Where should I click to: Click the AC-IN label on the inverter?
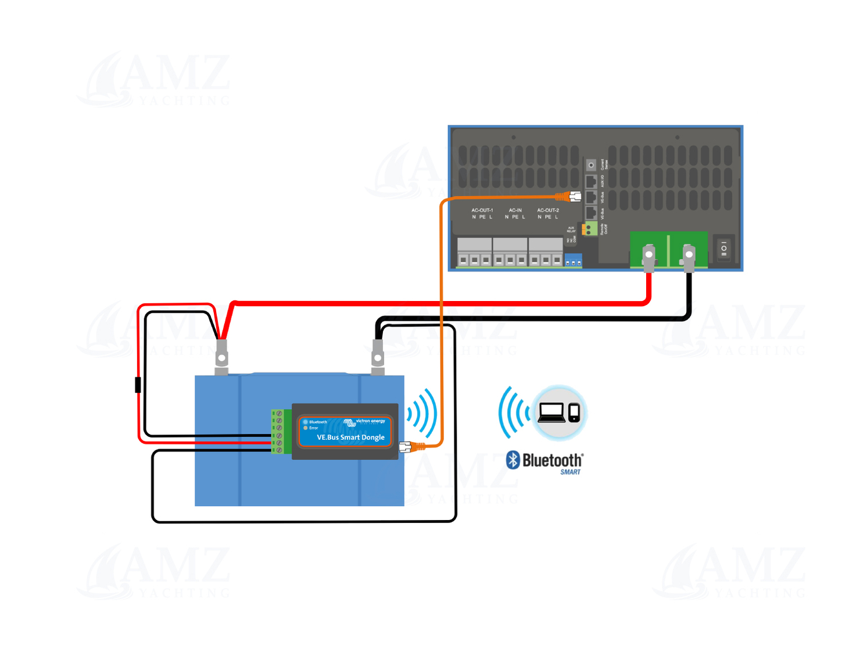click(515, 210)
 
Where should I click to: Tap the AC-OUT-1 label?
click(482, 210)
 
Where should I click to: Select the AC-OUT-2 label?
click(548, 210)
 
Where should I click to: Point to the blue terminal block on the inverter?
click(573, 260)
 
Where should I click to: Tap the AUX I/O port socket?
click(591, 182)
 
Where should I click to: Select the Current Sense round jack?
click(591, 165)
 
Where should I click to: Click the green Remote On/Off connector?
click(589, 229)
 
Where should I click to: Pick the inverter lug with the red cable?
click(649, 256)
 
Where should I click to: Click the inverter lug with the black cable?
click(689, 256)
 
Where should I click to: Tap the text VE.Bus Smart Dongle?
click(350, 438)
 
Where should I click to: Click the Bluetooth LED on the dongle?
click(306, 422)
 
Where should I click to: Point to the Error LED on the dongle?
click(306, 428)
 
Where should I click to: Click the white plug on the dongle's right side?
click(406, 447)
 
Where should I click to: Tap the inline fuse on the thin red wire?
click(138, 385)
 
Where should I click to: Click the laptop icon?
click(551, 413)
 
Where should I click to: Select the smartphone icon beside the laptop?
click(574, 412)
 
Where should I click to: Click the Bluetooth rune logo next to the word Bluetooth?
click(513, 460)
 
